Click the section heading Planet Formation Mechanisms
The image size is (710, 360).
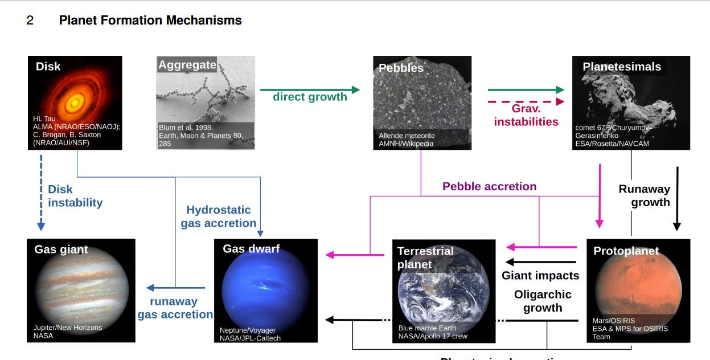(x=150, y=21)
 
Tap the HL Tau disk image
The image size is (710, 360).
(x=75, y=103)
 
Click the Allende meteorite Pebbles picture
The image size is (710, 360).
(x=422, y=103)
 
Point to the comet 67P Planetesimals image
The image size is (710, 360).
(x=631, y=103)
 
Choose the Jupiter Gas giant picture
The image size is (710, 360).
(x=81, y=291)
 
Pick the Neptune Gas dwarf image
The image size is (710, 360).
(x=265, y=291)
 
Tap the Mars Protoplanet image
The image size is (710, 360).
(x=638, y=291)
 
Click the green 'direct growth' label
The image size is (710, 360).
(x=310, y=97)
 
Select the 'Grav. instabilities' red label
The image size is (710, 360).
(x=526, y=114)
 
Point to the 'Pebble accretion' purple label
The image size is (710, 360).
(x=489, y=186)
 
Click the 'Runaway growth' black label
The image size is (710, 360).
(x=644, y=195)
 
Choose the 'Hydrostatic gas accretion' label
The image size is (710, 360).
(x=219, y=216)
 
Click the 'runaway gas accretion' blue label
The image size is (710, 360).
(x=175, y=308)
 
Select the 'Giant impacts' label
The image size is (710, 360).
(x=540, y=276)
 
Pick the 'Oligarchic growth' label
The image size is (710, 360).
(x=542, y=301)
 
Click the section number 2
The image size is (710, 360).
(x=30, y=21)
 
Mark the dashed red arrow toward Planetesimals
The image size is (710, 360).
(x=526, y=101)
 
